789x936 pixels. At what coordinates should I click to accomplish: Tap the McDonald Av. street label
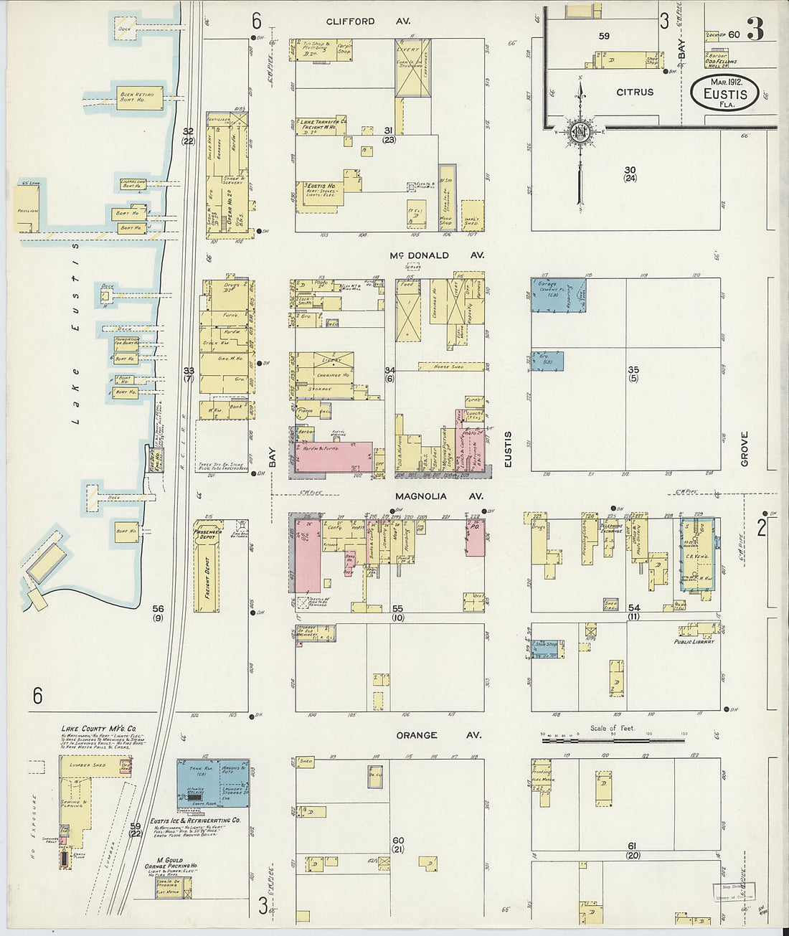tap(429, 255)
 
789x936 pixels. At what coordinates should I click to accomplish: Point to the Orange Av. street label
tap(427, 735)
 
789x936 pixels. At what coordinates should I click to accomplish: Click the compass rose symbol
tap(580, 131)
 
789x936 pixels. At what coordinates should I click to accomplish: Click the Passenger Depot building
tap(206, 534)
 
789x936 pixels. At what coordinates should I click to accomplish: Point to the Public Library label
tap(694, 642)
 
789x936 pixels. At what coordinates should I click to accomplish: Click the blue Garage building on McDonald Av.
tap(558, 295)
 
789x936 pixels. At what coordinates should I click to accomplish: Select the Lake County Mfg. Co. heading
tap(93, 729)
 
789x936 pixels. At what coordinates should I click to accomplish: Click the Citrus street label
tap(635, 92)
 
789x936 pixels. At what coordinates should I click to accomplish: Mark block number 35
tap(633, 370)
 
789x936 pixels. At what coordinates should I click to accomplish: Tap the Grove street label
tap(744, 449)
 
